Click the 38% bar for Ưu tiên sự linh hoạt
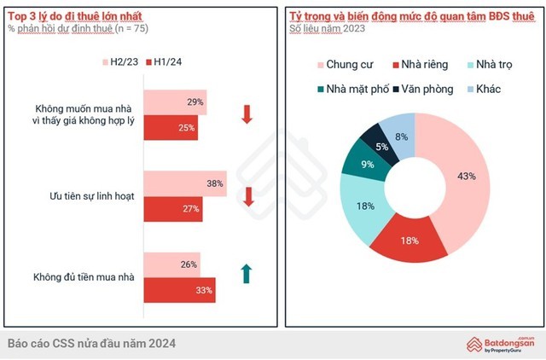tap(184, 183)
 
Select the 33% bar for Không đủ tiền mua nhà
tap(179, 289)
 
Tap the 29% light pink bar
tap(175, 102)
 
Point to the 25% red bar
tap(171, 127)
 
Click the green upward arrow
tap(247, 274)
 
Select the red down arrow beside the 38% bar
tap(248, 196)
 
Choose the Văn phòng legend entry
tap(415, 90)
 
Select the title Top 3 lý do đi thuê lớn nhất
tap(67, 16)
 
